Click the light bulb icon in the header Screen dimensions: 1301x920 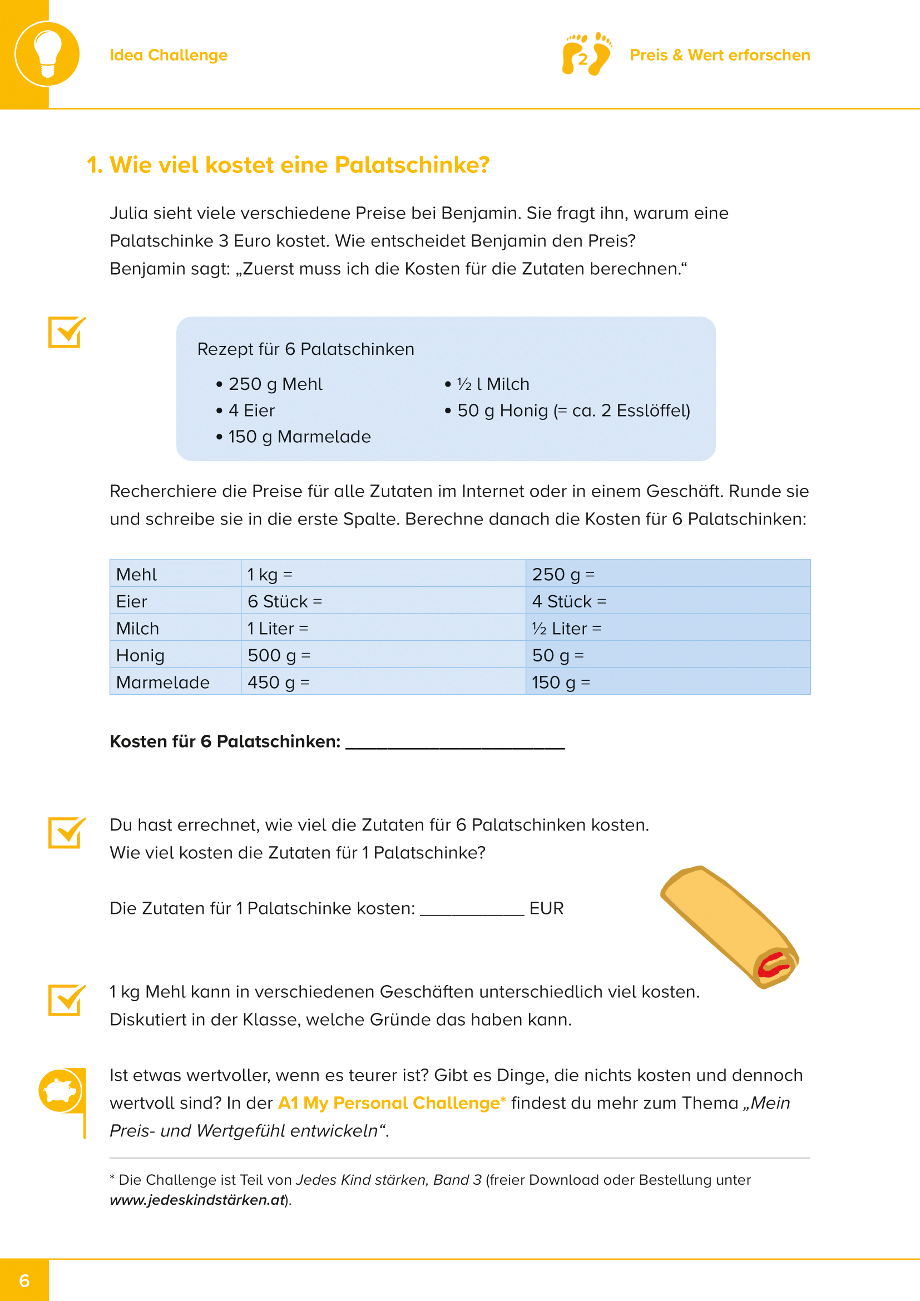(47, 54)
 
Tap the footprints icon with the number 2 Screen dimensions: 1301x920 (586, 55)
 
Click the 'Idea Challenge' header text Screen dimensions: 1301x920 (168, 55)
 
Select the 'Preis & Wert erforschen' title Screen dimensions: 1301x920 (719, 55)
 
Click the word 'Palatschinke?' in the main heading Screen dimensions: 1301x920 (412, 165)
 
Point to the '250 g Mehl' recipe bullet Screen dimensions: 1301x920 (275, 384)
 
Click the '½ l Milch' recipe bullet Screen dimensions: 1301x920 (492, 384)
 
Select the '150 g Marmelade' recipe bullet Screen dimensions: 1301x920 (299, 437)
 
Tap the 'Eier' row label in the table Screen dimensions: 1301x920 (132, 601)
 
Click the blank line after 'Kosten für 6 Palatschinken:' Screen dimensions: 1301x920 (455, 744)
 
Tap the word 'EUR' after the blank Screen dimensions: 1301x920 (546, 908)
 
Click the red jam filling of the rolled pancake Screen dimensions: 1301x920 (773, 964)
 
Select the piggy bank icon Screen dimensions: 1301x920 (60, 1090)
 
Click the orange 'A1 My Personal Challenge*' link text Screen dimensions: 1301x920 (392, 1103)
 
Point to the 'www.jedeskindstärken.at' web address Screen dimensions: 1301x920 (197, 1200)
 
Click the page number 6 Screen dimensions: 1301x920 (24, 1280)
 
